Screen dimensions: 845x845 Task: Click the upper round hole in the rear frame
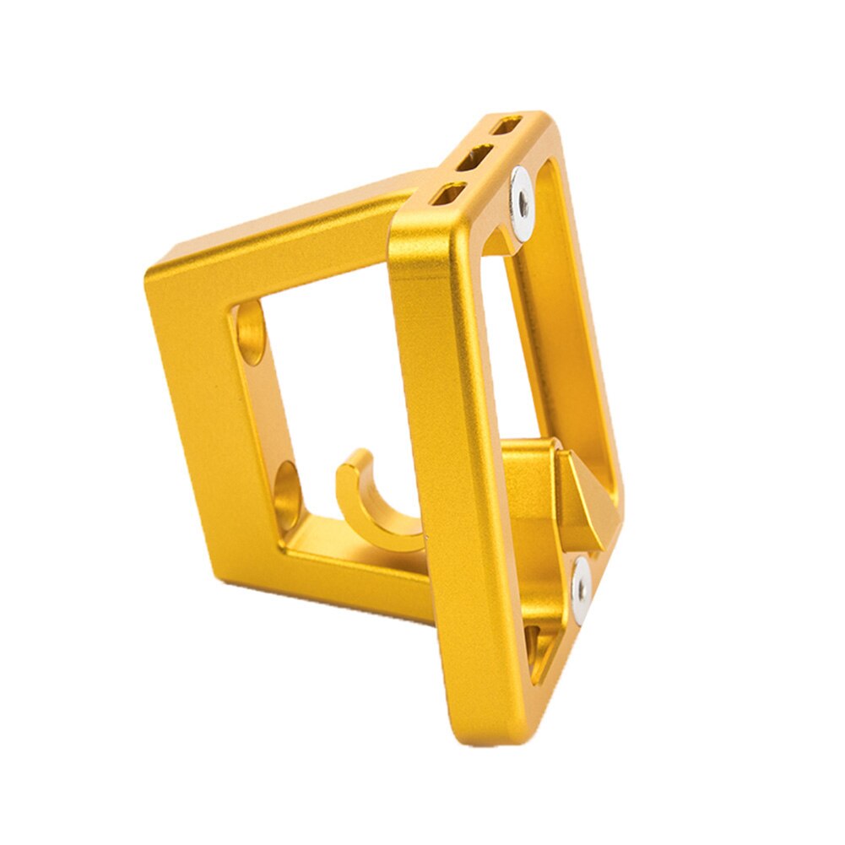250,333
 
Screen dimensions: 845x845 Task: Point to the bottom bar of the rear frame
355,574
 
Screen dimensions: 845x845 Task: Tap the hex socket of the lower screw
581,582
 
